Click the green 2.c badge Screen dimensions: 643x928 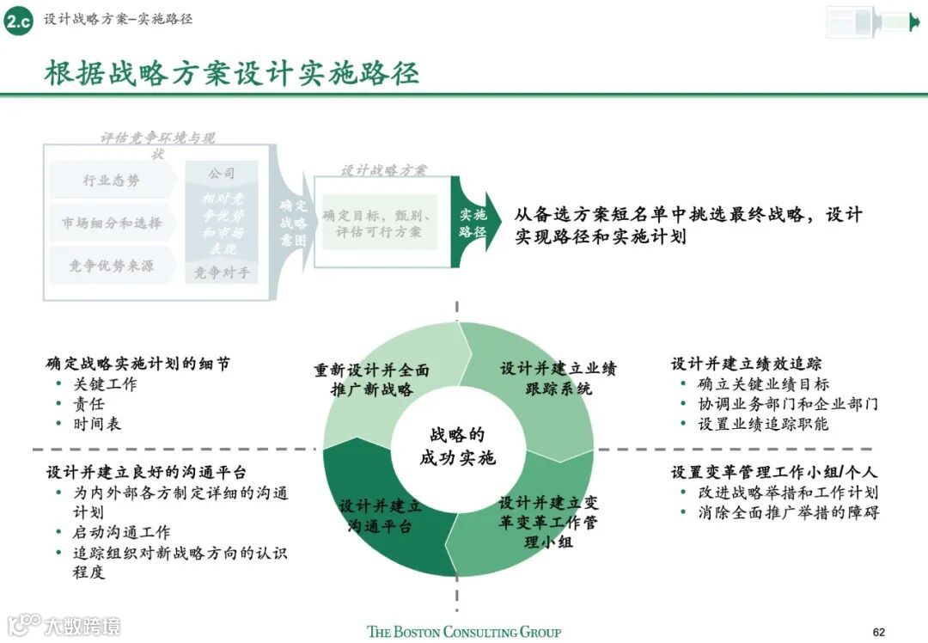click(x=18, y=21)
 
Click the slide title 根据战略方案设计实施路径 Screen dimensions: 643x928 click(x=232, y=73)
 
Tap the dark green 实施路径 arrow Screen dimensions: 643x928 click(x=473, y=223)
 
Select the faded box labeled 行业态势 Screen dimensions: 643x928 click(x=111, y=181)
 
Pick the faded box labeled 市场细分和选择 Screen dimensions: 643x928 click(x=112, y=223)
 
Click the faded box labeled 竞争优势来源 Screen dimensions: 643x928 click(x=112, y=266)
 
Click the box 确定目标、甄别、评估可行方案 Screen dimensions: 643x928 click(x=379, y=223)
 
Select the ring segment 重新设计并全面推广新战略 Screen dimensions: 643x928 click(x=371, y=380)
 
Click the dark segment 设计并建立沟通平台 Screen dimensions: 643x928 click(x=380, y=514)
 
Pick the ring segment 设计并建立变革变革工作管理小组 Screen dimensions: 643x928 click(x=548, y=521)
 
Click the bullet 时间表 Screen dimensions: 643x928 click(x=97, y=424)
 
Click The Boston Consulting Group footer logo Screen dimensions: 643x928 click(x=464, y=632)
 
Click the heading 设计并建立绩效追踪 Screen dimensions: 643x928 click(x=746, y=364)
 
